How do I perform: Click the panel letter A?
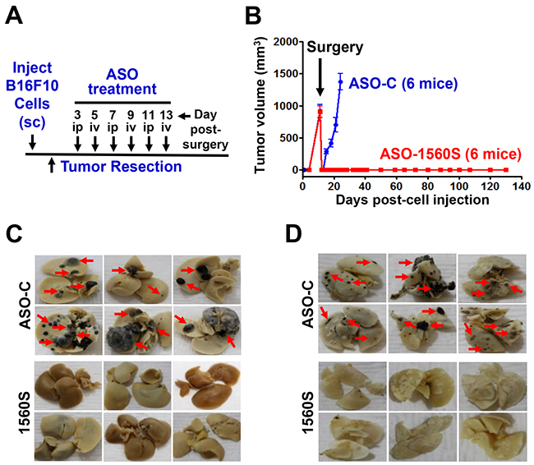pyautogui.click(x=14, y=16)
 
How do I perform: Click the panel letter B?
pyautogui.click(x=253, y=16)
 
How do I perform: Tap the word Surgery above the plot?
pyautogui.click(x=334, y=48)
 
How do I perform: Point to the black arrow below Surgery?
pyautogui.click(x=320, y=77)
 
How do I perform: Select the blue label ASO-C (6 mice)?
pyautogui.click(x=403, y=84)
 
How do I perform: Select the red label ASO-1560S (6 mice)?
pyautogui.click(x=450, y=154)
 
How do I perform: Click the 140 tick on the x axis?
pyautogui.click(x=521, y=186)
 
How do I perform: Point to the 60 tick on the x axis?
pyautogui.click(x=397, y=186)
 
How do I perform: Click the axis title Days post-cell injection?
pyautogui.click(x=412, y=200)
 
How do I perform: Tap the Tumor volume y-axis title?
pyautogui.click(x=260, y=106)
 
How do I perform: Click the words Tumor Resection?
pyautogui.click(x=122, y=167)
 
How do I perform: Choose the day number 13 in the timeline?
pyautogui.click(x=166, y=115)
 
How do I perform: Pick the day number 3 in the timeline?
pyautogui.click(x=78, y=115)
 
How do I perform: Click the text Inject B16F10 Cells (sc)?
pyautogui.click(x=32, y=95)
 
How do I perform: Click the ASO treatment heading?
pyautogui.click(x=122, y=82)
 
